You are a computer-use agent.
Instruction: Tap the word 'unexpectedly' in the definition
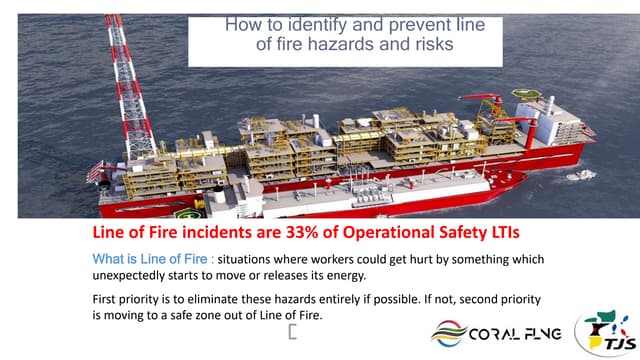click(123, 276)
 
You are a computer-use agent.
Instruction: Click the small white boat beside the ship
click(581, 175)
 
